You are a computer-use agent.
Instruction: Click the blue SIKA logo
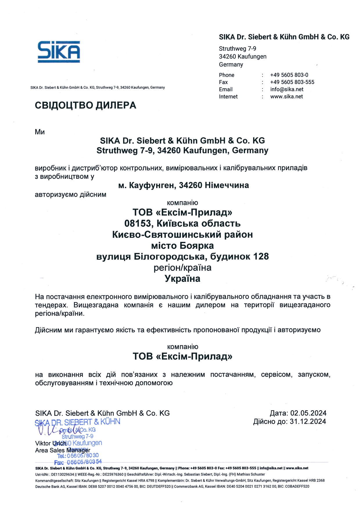[59, 51]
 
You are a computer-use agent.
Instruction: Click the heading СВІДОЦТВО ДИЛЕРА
[85, 105]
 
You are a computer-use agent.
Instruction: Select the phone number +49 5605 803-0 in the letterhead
[289, 75]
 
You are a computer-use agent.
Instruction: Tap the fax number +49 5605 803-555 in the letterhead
[292, 82]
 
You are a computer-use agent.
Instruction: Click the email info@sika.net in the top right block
[287, 90]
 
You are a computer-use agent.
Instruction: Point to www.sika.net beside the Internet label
[286, 97]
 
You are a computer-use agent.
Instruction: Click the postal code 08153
[138, 223]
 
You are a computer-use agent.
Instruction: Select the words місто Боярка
[182, 246]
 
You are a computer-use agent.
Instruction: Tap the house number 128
[261, 256]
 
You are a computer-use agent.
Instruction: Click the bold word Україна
[182, 279]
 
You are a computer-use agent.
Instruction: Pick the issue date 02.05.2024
[308, 413]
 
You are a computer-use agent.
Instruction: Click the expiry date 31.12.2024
[308, 422]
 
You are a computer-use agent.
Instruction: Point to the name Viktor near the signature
[43, 443]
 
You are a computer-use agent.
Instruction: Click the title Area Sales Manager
[62, 450]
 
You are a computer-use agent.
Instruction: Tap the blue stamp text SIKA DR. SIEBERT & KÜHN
[78, 422]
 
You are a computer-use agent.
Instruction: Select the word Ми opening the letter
[40, 132]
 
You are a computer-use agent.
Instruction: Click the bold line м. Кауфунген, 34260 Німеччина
[183, 185]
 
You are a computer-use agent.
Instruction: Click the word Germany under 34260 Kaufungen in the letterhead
[231, 65]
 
